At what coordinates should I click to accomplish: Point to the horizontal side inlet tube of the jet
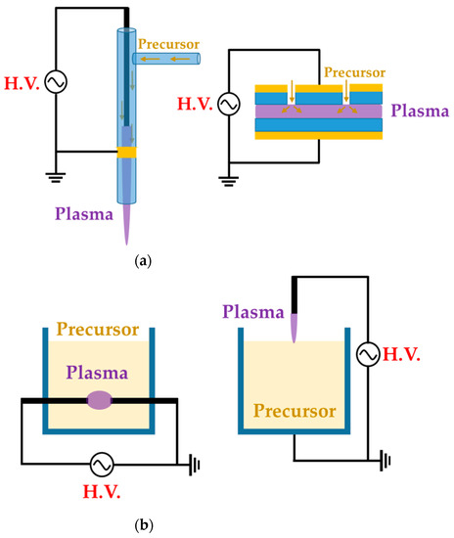(166, 60)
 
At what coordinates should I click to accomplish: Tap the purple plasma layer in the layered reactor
(317, 112)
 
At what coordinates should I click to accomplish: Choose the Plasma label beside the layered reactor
(420, 112)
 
